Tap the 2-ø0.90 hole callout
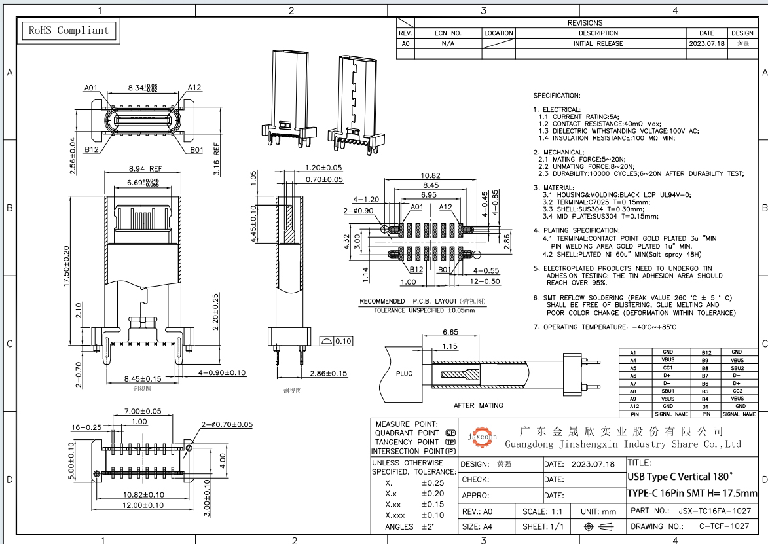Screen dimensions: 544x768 tap(358, 211)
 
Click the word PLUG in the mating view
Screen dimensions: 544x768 tap(404, 374)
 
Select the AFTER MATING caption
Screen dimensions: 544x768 tap(478, 406)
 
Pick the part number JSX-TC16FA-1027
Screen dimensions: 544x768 tap(714, 511)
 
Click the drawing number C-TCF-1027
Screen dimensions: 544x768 tap(724, 526)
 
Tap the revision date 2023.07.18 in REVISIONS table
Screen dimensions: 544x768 tap(706, 43)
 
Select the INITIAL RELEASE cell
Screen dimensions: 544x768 tap(598, 43)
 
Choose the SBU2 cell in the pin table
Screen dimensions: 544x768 tap(737, 368)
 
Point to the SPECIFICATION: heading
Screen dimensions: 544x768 tap(557, 96)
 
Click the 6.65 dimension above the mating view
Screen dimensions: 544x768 tap(450, 332)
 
